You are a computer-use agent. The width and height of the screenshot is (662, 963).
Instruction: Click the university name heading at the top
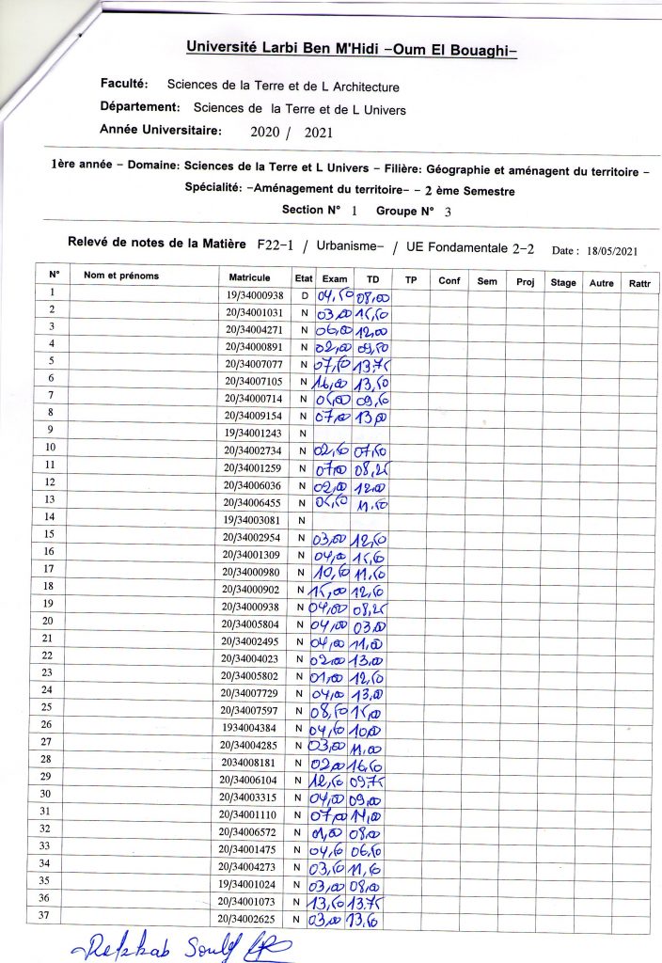pyautogui.click(x=352, y=47)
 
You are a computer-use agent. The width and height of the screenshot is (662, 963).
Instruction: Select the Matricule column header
pyautogui.click(x=249, y=277)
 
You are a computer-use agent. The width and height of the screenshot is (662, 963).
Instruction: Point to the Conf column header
pyautogui.click(x=448, y=280)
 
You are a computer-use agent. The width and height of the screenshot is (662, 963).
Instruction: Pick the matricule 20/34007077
pyautogui.click(x=254, y=362)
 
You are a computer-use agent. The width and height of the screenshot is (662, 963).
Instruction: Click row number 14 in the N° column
pyautogui.click(x=52, y=517)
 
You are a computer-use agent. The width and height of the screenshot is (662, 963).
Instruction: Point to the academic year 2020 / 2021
pyautogui.click(x=292, y=133)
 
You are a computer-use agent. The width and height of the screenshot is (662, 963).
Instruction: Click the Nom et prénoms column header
pyautogui.click(x=121, y=276)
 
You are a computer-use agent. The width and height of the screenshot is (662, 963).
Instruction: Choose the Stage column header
pyautogui.click(x=563, y=282)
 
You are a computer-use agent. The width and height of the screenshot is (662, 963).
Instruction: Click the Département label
pyautogui.click(x=139, y=108)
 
